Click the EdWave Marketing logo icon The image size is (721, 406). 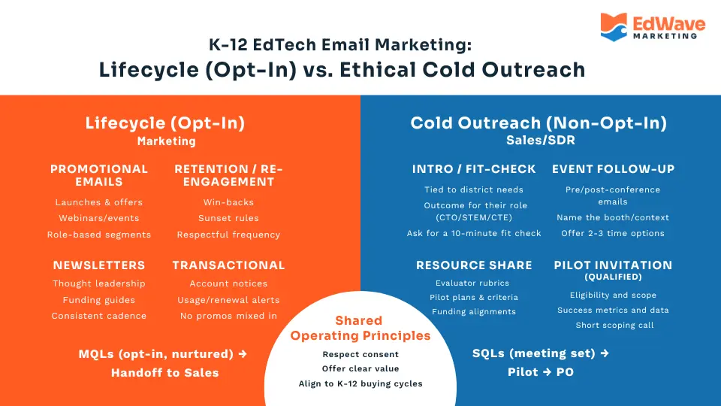point(614,26)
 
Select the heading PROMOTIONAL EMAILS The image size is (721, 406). point(99,175)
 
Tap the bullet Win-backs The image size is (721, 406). point(228,202)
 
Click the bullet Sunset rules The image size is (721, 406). point(228,218)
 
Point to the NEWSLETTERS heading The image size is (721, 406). point(99,265)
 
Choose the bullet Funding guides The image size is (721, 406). point(99,299)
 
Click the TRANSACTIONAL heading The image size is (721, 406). point(228,265)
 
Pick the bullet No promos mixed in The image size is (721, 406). point(228,316)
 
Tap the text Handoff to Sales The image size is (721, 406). point(165,372)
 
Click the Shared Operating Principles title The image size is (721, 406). point(360,328)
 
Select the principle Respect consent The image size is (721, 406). point(360,354)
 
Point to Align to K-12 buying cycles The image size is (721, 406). point(360,383)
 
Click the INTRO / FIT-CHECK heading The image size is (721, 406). point(474,169)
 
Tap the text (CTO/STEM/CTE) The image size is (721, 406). point(475,217)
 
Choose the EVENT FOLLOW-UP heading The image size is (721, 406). point(612,169)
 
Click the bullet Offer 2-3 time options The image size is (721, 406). point(612,233)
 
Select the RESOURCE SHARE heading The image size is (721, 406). point(474,265)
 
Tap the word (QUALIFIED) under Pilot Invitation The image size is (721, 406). point(612,277)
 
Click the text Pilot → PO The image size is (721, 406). point(541,372)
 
